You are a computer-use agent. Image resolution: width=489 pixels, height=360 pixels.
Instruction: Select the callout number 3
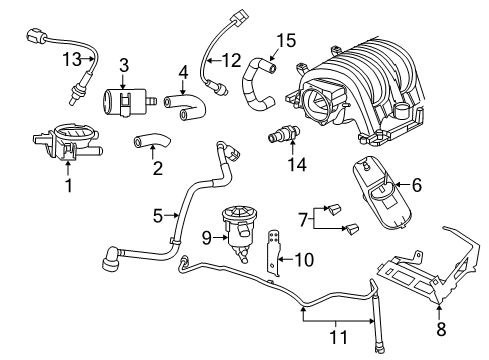pyautogui.click(x=123, y=64)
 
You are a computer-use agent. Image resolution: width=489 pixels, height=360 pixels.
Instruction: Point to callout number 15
pyautogui.click(x=287, y=41)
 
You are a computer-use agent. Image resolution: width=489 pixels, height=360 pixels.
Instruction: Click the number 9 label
pyautogui.click(x=206, y=238)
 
